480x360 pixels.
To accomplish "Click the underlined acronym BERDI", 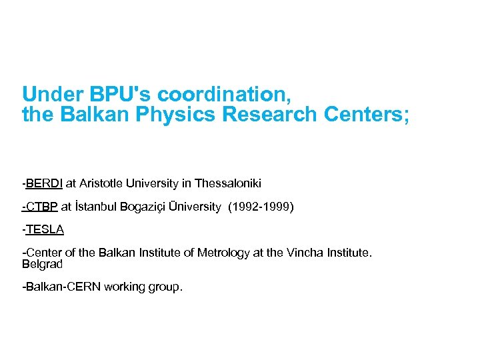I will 44,183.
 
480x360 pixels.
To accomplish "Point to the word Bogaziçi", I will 145,207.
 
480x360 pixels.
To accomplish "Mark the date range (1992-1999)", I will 261,207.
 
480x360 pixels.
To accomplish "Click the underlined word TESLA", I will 45,230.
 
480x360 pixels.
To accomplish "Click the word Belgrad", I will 42,264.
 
